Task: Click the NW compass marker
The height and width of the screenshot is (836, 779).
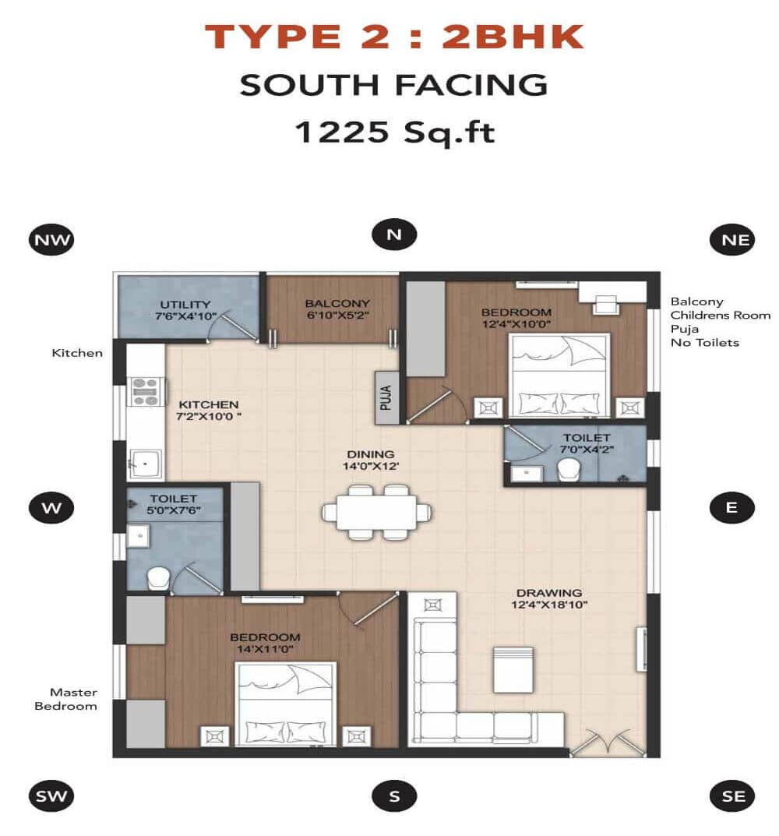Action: [51, 239]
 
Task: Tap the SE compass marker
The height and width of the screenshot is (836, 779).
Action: [733, 795]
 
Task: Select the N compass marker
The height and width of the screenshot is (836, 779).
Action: [394, 235]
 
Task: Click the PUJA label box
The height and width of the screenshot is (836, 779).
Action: [388, 397]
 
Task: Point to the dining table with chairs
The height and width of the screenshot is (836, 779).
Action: [377, 512]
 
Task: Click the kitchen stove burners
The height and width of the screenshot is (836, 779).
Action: [146, 391]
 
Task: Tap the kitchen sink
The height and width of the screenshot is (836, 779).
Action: [146, 465]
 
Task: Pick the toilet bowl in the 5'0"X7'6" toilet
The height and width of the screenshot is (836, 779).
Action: [159, 577]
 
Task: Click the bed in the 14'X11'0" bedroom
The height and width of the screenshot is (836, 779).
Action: [286, 704]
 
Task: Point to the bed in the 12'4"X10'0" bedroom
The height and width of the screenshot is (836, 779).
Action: [559, 376]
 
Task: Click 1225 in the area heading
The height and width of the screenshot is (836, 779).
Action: [341, 132]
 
